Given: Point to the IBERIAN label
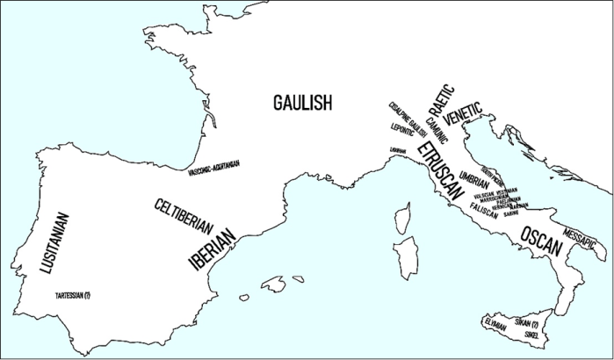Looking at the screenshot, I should coord(211,248).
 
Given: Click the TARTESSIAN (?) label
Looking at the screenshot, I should coord(73,295).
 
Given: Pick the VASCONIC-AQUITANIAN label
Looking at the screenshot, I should coord(214,167).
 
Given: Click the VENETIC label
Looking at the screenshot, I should coord(463,115).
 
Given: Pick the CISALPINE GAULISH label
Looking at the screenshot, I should coord(407,119).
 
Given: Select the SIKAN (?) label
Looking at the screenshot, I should coord(526,323).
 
